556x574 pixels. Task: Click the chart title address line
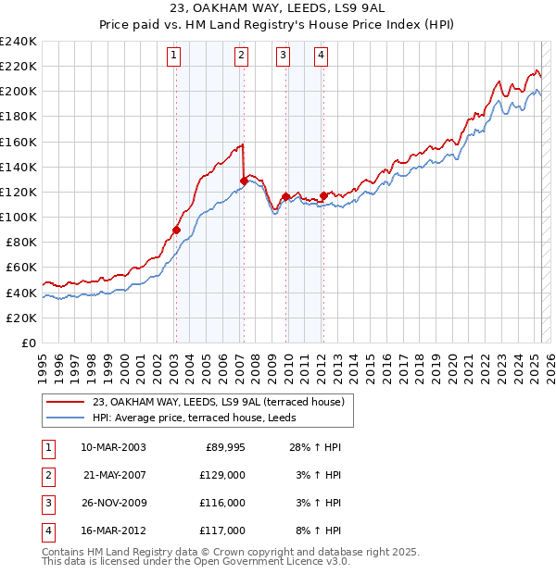point(277,7)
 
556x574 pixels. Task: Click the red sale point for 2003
point(176,230)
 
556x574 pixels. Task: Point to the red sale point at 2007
point(244,181)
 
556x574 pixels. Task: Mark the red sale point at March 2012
point(323,195)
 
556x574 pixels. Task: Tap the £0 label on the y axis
point(28,343)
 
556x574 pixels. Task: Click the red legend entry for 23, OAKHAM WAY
point(219,402)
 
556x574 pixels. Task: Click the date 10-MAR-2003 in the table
point(113,447)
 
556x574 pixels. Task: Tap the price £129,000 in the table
point(223,475)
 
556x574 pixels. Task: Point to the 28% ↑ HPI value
point(315,447)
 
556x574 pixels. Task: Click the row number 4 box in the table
point(48,531)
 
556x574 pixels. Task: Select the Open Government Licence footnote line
point(196,561)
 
